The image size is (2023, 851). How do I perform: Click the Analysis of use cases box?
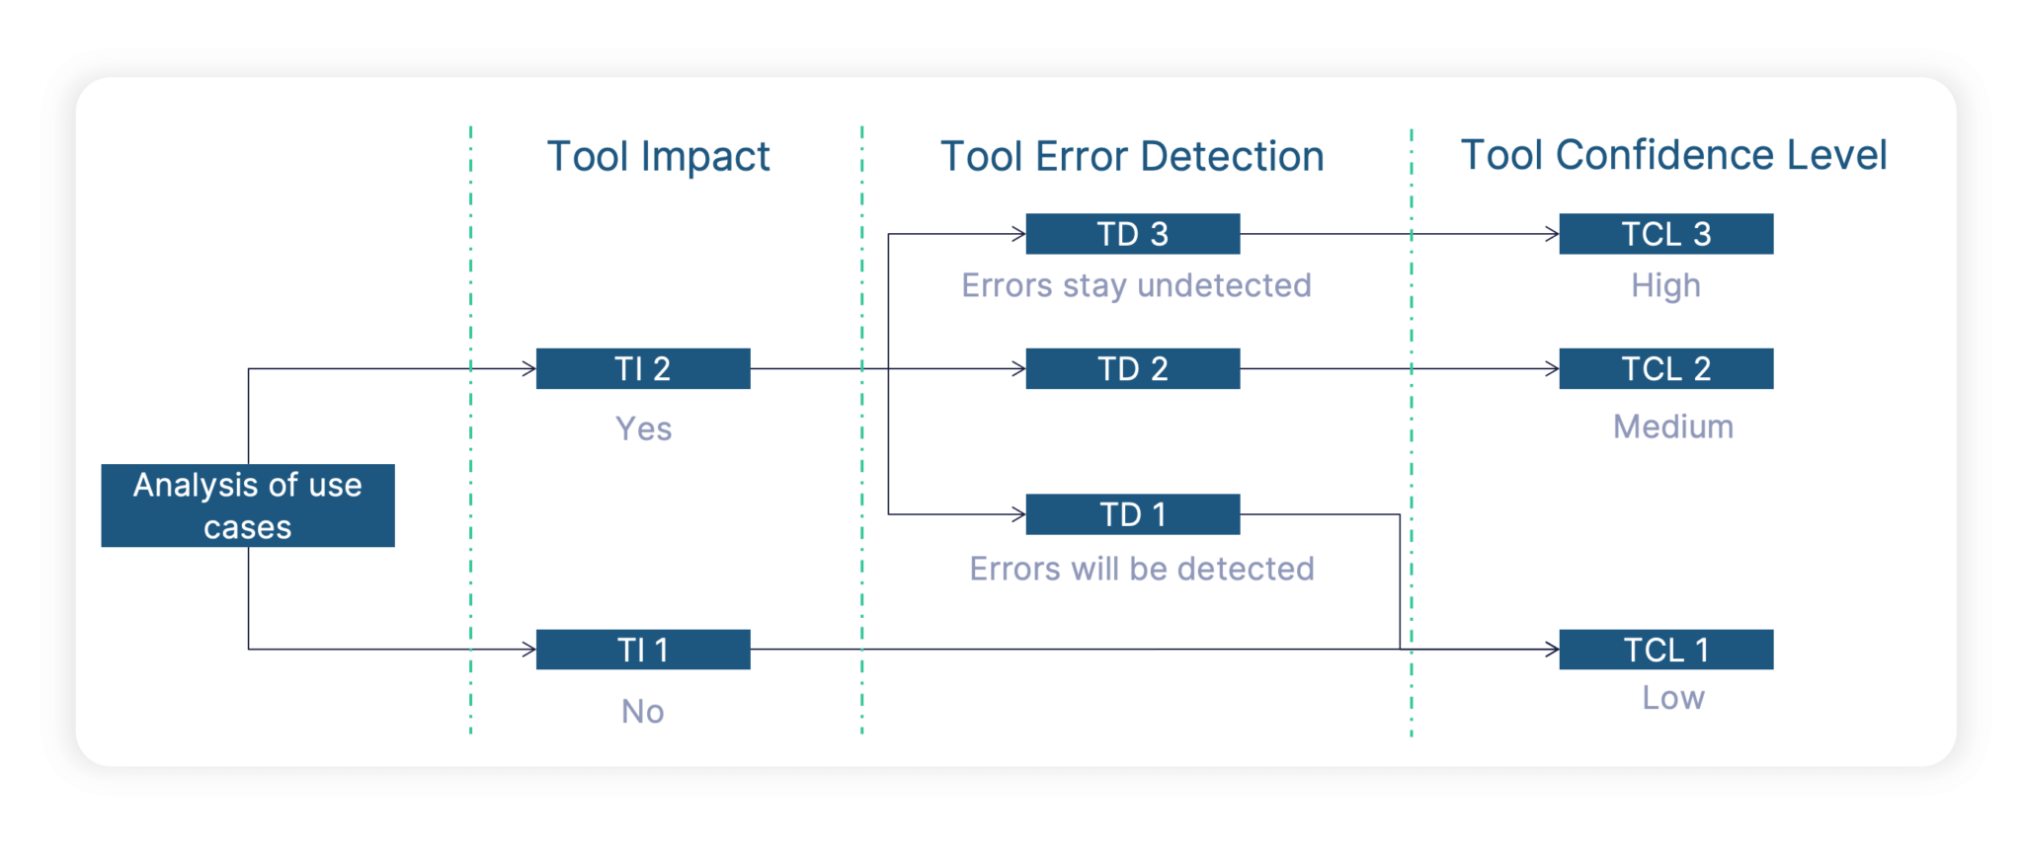[247, 505]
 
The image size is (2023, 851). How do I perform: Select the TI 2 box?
[642, 368]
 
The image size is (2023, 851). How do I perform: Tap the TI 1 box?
[642, 650]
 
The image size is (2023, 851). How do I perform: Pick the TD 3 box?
[1132, 234]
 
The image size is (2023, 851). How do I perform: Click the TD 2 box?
[1132, 368]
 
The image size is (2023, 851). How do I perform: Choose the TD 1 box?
[1132, 514]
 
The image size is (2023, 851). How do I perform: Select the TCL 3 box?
[1665, 234]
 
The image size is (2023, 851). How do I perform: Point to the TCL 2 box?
[1665, 368]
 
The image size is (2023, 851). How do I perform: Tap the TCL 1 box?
[1665, 650]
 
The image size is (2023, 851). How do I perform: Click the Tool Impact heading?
[658, 156]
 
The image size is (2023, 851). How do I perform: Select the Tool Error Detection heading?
[1132, 156]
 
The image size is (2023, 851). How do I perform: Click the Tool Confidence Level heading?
[1673, 155]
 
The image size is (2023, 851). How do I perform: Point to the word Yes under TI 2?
[643, 428]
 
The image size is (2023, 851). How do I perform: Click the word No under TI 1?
[642, 711]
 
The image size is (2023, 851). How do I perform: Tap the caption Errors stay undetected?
[1136, 285]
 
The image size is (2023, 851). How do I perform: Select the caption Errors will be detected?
[1141, 569]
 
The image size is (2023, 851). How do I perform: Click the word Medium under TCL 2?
[1672, 426]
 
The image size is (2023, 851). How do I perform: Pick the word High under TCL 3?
[1665, 285]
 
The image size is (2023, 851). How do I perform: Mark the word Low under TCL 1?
[1672, 698]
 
